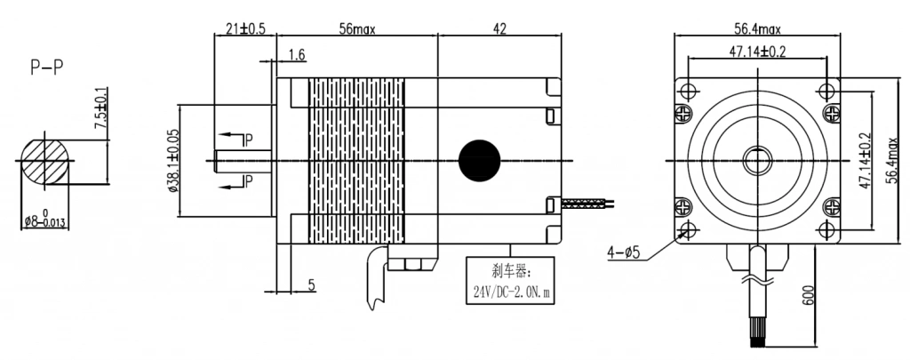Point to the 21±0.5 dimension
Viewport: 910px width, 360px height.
[245, 28]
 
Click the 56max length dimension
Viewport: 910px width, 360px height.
[356, 28]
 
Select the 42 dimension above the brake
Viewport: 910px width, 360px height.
[499, 28]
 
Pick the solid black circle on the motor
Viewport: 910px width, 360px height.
[480, 159]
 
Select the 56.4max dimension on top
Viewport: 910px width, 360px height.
[756, 28]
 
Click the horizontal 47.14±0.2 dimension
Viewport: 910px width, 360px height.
[756, 52]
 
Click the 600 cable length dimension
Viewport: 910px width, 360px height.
[809, 295]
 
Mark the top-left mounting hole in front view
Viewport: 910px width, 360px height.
[686, 90]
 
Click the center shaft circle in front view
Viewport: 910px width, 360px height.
[757, 160]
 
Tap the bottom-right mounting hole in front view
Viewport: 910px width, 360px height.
[829, 231]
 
